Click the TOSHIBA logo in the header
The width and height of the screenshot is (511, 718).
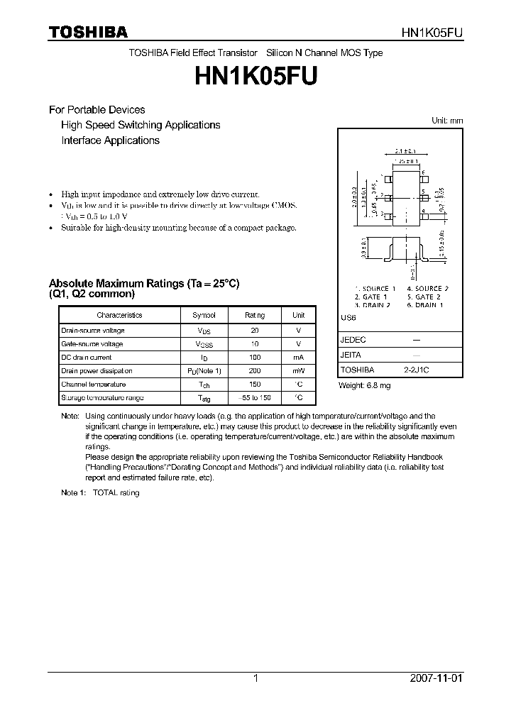(88, 32)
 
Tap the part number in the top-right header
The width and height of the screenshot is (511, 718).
(432, 33)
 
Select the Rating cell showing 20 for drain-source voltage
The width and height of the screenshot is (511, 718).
(255, 331)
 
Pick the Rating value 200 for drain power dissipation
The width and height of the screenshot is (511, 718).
(255, 371)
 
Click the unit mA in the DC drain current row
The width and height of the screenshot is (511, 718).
(298, 358)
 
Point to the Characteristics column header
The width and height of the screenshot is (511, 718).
(119, 315)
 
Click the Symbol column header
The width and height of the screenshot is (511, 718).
(204, 315)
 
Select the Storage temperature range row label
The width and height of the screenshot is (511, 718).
(102, 398)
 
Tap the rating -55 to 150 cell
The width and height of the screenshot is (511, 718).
(255, 398)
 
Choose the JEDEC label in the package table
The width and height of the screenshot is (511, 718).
(353, 340)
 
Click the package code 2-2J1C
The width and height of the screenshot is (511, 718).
(417, 370)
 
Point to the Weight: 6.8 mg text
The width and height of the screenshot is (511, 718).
(365, 385)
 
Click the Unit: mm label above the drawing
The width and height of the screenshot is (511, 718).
(447, 121)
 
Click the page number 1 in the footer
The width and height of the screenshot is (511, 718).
(255, 678)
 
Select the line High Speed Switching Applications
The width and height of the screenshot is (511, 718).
(141, 125)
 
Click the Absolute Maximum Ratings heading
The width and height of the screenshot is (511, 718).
(144, 283)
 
